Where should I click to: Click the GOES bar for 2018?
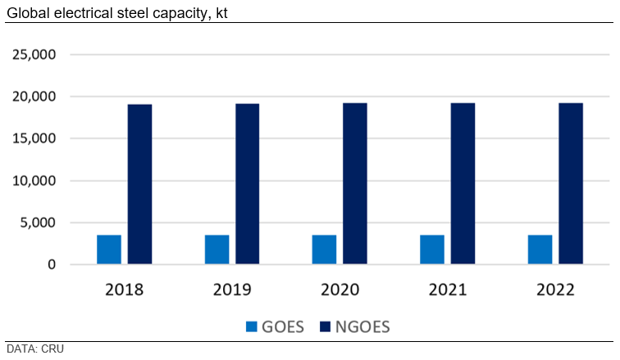[109, 249]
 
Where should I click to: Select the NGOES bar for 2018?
[139, 184]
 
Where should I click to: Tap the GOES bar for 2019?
[217, 249]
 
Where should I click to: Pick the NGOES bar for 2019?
[247, 184]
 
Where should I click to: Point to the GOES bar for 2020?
[324, 249]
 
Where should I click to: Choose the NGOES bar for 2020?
[355, 184]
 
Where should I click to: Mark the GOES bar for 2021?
[432, 249]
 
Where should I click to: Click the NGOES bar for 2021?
[463, 184]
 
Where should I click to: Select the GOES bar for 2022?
[540, 249]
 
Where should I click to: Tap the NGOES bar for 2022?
[570, 184]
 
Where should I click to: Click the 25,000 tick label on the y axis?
[33, 55]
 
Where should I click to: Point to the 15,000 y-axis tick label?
[33, 139]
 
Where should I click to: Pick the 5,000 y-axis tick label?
[38, 222]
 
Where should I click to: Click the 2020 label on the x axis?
[340, 289]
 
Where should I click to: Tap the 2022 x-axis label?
[554, 289]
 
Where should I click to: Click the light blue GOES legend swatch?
[252, 326]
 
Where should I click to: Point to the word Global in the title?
[27, 11]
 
